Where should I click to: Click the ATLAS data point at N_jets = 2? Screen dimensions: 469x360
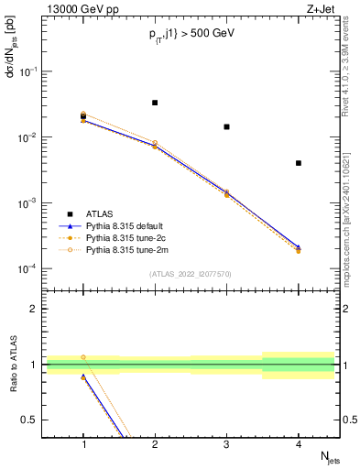[155, 103]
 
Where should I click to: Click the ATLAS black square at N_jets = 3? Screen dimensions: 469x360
[226, 126]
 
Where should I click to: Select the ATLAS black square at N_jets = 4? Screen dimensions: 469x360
[299, 163]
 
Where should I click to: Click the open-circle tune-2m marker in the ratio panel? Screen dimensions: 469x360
[83, 357]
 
